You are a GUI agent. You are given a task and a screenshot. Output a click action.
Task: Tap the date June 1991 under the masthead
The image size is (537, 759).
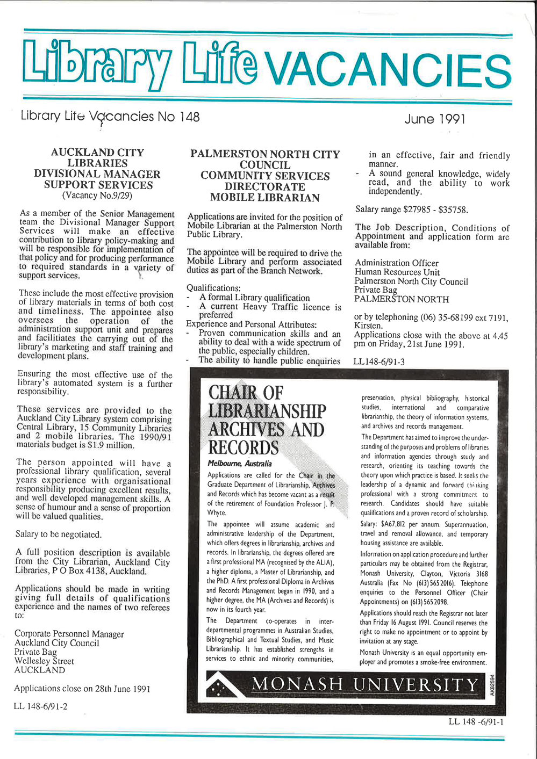(435, 119)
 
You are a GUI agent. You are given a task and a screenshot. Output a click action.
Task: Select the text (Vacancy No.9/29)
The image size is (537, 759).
(97, 196)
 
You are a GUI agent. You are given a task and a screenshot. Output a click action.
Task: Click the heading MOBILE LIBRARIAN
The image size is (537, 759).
(264, 198)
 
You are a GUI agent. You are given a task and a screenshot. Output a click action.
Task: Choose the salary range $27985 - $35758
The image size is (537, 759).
(411, 209)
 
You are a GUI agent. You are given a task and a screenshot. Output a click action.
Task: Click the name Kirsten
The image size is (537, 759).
(368, 326)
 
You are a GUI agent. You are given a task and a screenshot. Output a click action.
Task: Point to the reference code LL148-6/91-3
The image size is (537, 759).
(379, 362)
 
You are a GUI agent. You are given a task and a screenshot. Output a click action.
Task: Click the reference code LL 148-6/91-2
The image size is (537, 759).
(41, 706)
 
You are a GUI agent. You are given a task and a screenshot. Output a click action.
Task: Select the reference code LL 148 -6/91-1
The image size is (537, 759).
(476, 721)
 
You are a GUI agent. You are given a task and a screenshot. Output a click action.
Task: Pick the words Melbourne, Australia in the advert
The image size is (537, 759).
(240, 463)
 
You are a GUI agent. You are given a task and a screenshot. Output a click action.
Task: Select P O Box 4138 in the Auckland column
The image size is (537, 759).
(98, 571)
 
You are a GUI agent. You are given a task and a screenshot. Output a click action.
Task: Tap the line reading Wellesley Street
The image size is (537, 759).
(45, 661)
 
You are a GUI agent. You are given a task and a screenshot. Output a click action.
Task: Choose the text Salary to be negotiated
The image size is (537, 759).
(59, 534)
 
